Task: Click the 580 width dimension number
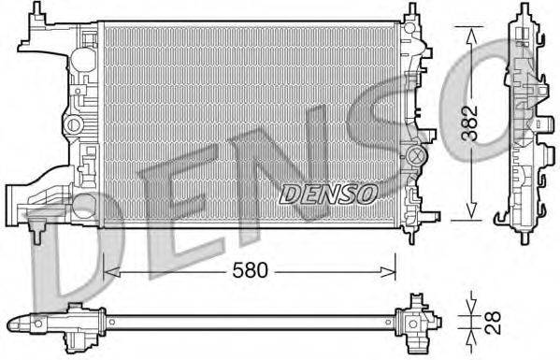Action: pos(251,270)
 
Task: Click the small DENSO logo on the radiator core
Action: pos(328,194)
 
